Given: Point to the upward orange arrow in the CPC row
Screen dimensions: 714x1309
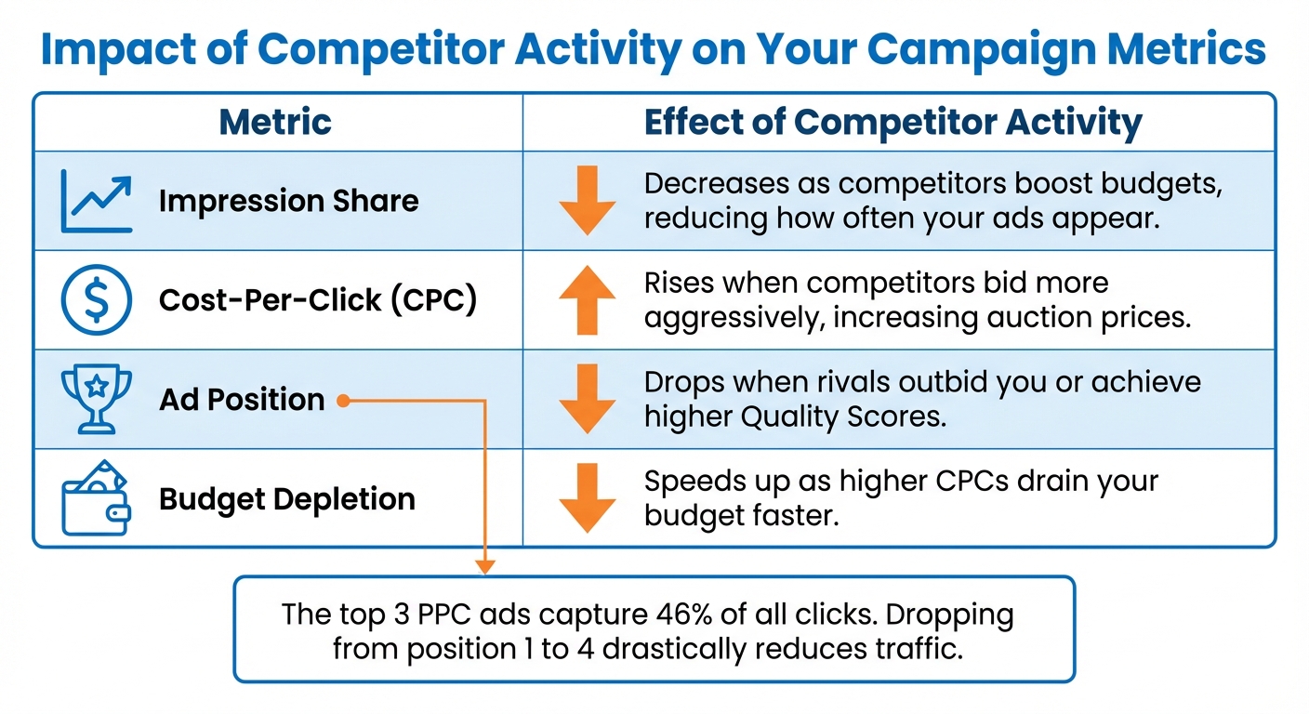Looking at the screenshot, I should [x=587, y=300].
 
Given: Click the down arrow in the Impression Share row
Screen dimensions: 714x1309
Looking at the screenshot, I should [x=587, y=200].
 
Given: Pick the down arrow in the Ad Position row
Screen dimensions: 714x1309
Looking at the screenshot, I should [x=587, y=400].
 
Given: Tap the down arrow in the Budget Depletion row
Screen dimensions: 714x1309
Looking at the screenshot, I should [x=587, y=499].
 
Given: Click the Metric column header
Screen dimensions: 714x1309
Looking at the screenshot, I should [x=275, y=122].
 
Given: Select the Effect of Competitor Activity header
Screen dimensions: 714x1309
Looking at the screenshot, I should [x=892, y=122].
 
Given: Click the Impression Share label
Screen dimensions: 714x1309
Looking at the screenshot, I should [x=288, y=201].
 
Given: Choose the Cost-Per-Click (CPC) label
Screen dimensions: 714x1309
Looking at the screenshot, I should [x=318, y=300].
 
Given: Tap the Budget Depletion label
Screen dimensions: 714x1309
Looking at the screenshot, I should [x=286, y=499].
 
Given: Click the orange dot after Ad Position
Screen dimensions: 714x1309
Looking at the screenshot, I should [x=343, y=401].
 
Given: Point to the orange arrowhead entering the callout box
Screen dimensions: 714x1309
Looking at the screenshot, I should [x=484, y=566].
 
